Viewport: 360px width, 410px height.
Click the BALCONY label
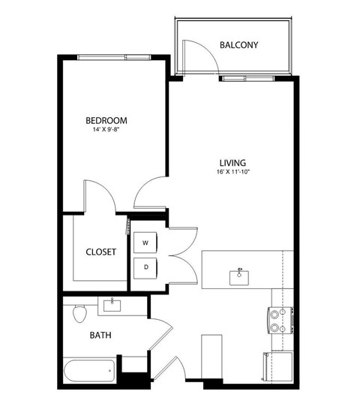[x=238, y=45]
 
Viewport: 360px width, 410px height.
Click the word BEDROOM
[x=106, y=120]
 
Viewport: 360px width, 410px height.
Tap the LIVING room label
[x=233, y=162]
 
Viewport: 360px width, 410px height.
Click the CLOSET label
[x=100, y=252]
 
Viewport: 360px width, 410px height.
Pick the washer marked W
[x=145, y=243]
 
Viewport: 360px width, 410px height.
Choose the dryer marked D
[x=145, y=267]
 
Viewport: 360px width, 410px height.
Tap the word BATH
[x=101, y=336]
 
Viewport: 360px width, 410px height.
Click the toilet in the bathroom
[x=80, y=314]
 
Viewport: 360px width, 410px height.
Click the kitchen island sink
[x=241, y=275]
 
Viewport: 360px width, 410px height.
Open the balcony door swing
[x=190, y=57]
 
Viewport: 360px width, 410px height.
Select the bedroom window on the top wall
[x=114, y=57]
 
